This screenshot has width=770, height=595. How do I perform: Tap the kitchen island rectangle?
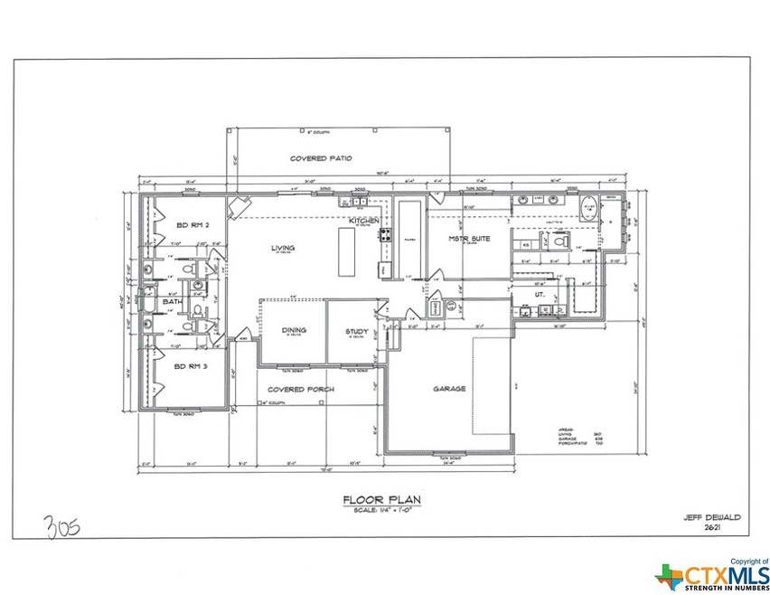pyautogui.click(x=346, y=252)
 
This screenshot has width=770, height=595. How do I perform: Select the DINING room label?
pyautogui.click(x=295, y=330)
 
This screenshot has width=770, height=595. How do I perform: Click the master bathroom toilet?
pyautogui.click(x=557, y=241)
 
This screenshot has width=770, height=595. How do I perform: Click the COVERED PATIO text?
pyautogui.click(x=320, y=158)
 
